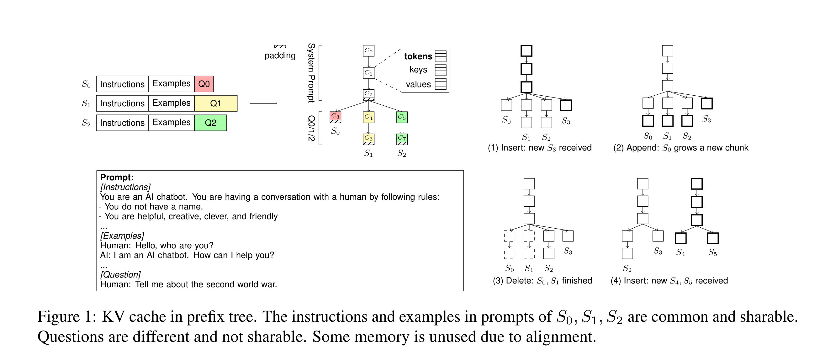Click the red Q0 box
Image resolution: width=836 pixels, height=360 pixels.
click(x=204, y=84)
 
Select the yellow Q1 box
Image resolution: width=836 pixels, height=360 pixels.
click(x=216, y=103)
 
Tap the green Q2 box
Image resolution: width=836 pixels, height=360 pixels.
click(x=210, y=123)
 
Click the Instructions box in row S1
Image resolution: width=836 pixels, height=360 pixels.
click(x=122, y=103)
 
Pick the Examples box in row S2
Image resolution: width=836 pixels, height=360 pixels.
click(x=171, y=123)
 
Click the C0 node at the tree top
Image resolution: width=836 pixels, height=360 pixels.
click(x=368, y=50)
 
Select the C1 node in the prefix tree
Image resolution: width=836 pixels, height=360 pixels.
click(x=368, y=73)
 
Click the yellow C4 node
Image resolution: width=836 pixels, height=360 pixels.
click(x=368, y=117)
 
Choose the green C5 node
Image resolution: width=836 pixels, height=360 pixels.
click(x=402, y=117)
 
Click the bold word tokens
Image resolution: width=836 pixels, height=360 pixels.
click(x=418, y=56)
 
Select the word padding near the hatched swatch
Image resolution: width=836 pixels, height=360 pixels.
click(x=280, y=56)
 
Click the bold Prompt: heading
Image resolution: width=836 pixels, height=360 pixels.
click(x=117, y=177)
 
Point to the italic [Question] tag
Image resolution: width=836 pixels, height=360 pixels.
click(x=120, y=275)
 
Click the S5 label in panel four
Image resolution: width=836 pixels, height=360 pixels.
click(x=713, y=252)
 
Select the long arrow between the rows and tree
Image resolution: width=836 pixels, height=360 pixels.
click(x=263, y=103)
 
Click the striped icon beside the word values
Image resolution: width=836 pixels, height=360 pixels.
click(x=440, y=84)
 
